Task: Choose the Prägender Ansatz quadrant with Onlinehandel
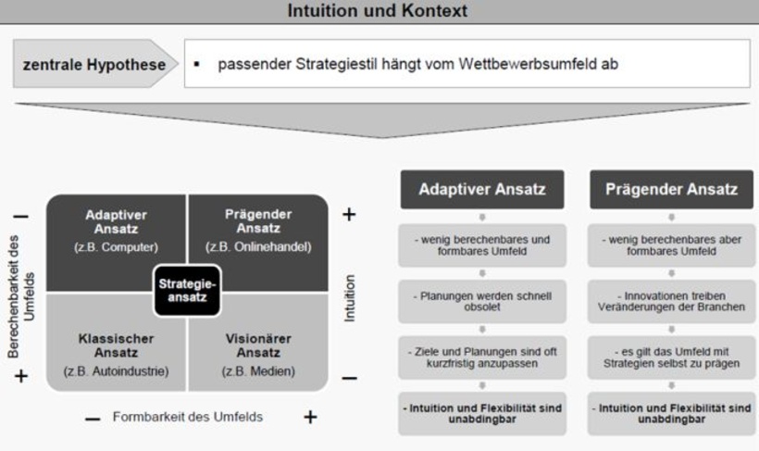258,232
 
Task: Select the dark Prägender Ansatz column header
671,190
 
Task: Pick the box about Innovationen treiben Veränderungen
671,302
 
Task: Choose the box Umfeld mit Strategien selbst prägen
671,357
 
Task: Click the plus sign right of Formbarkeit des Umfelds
310,418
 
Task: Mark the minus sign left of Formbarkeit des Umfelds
93,419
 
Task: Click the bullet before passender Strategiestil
198,65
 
